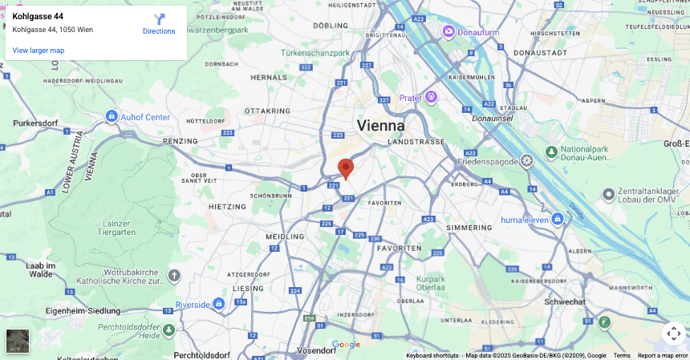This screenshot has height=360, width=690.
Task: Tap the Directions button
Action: point(159,23)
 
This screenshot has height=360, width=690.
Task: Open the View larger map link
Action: point(39,51)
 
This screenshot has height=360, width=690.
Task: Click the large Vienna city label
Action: point(380,126)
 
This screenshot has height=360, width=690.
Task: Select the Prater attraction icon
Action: point(432,97)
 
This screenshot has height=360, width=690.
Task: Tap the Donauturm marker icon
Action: point(448,31)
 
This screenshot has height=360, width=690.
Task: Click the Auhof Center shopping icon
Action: point(112,117)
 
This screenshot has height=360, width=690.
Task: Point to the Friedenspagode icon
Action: point(526,160)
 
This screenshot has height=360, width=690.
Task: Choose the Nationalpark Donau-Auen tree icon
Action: point(551,152)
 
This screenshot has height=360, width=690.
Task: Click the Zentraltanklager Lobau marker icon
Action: point(609,195)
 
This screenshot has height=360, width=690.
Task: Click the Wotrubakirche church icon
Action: point(175,276)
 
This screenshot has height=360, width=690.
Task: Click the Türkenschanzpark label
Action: point(315,53)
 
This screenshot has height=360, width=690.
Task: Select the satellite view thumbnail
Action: point(18,341)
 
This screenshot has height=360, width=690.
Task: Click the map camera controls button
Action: point(673,333)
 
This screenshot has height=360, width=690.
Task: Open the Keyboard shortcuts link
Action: point(432,355)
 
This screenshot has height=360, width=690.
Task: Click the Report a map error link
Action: point(662,355)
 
